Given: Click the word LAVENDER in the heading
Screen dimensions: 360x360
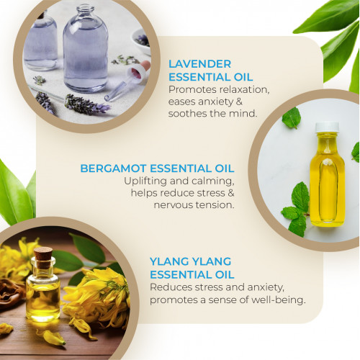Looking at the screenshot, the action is click(199, 64).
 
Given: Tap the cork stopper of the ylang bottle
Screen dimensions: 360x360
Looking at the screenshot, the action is click(43, 257).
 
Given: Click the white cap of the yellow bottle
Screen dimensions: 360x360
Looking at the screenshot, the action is click(327, 127).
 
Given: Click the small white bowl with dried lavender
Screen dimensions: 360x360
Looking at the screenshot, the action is click(141, 41).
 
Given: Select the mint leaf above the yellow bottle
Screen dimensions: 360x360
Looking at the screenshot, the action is click(292, 117).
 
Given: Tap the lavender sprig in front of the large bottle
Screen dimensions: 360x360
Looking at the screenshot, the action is click(86, 105).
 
